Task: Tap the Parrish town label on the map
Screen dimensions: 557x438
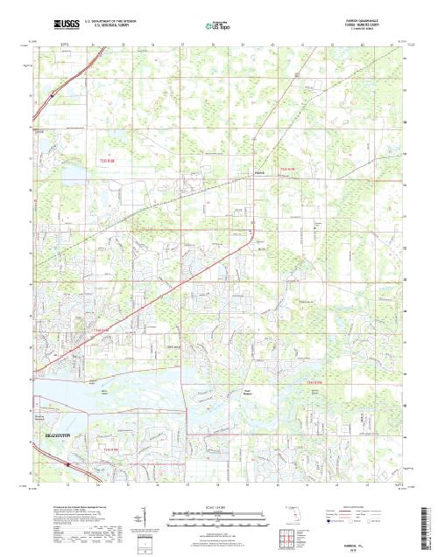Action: [x=258, y=172]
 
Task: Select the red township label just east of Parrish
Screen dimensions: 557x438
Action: [x=288, y=168]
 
